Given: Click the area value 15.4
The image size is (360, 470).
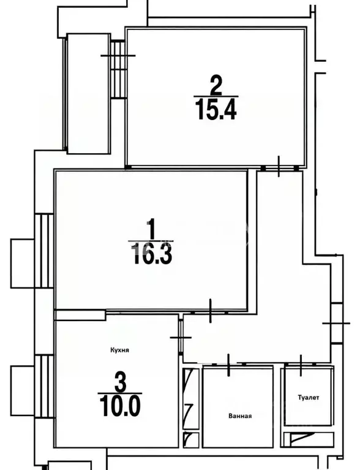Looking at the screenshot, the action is click(216, 110).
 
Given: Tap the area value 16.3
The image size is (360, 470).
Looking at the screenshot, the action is click(152, 254).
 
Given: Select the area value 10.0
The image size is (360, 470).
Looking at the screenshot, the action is click(120, 406).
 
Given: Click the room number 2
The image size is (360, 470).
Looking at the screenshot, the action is click(216, 85).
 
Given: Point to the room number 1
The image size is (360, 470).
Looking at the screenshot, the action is click(152, 229).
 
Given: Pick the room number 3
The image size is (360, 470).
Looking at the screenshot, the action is click(120, 382).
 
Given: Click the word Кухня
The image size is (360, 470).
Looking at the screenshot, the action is click(120, 350).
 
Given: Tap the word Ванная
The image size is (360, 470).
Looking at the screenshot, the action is click(240, 415).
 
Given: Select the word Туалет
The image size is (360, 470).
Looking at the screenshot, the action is click(309, 398).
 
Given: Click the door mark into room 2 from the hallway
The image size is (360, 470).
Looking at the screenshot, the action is click(279, 166).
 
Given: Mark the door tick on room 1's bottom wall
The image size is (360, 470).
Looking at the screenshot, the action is click(211, 311).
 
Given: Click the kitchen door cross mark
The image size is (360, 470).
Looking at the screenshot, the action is click(181, 337).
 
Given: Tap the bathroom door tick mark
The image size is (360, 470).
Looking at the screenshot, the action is click(229, 365).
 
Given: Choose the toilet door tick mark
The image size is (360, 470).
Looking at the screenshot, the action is click(301, 365).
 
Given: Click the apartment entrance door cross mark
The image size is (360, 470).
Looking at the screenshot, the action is click(336, 323).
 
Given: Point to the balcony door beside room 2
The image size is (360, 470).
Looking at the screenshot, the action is click(118, 69).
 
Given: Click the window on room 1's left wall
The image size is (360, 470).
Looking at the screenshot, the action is click(44, 251).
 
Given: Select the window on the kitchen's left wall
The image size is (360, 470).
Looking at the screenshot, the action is click(44, 386).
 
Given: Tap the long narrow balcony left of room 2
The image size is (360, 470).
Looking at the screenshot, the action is click(88, 94).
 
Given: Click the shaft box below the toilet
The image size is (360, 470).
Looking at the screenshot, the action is click(309, 440).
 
